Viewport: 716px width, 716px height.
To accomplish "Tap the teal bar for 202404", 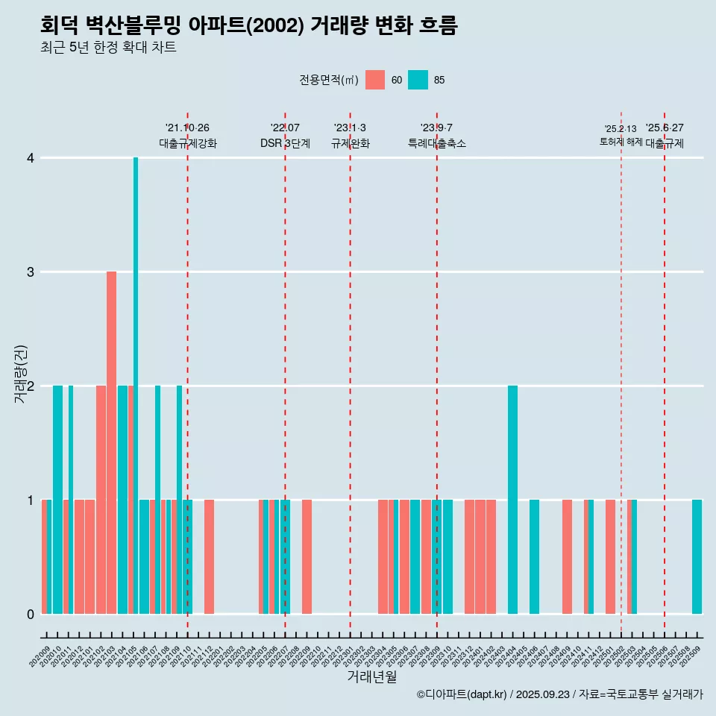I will pyautogui.click(x=512, y=500).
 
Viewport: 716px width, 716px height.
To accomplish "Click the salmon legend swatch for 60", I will pyautogui.click(x=375, y=80).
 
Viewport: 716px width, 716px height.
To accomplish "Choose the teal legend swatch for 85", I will pyautogui.click(x=418, y=80).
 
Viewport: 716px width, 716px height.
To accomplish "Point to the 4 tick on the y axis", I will pyautogui.click(x=31, y=158).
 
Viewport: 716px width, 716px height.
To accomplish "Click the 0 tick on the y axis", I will pyautogui.click(x=31, y=615).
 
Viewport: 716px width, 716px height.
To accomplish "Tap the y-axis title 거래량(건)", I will pyautogui.click(x=20, y=374).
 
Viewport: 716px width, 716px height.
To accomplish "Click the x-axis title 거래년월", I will pyautogui.click(x=371, y=676).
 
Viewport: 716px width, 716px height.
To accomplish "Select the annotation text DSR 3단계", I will pyautogui.click(x=285, y=143).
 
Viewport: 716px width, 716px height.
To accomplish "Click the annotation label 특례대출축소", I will pyautogui.click(x=437, y=143).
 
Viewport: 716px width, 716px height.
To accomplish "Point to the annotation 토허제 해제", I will pyautogui.click(x=621, y=141).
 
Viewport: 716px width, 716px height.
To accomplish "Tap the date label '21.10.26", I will pyautogui.click(x=187, y=128).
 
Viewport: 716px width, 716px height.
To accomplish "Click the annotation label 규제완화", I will pyautogui.click(x=350, y=143).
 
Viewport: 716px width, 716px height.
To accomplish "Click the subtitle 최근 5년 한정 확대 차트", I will pyautogui.click(x=108, y=48).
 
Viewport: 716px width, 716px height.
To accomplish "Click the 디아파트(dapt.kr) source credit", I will pyautogui.click(x=463, y=694).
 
